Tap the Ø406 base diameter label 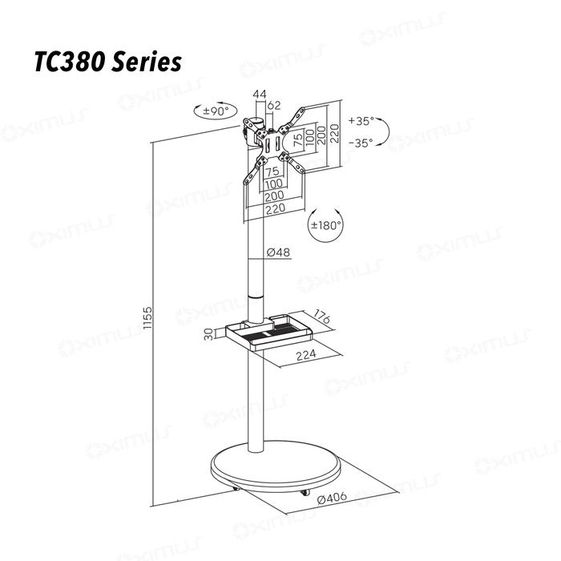[332, 498]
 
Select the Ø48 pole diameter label [277, 252]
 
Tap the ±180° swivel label [326, 226]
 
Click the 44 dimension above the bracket [259, 95]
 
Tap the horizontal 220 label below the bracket [274, 208]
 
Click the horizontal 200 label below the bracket [274, 196]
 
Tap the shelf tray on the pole [268, 333]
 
